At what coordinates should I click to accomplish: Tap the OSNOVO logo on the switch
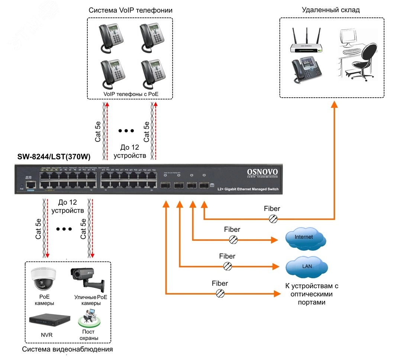262,172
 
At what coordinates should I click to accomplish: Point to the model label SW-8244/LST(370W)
54,157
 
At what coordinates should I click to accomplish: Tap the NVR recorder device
49,319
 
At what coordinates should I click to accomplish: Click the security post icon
88,318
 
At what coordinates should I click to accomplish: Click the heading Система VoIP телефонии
130,10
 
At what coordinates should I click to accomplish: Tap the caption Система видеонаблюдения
67,350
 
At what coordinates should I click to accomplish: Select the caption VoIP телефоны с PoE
131,94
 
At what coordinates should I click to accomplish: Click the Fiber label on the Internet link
232,230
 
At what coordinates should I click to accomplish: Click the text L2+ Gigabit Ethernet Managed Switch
248,189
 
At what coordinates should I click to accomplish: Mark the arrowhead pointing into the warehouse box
334,104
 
